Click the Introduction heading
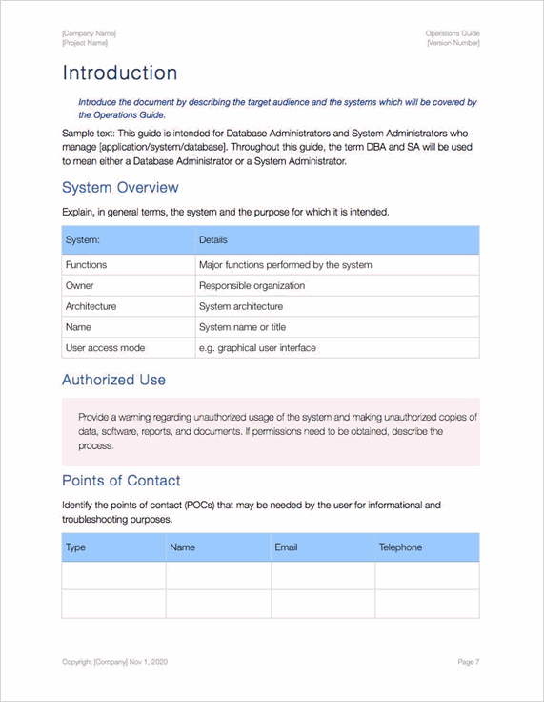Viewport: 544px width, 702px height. click(x=119, y=73)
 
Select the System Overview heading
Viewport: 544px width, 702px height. click(x=119, y=187)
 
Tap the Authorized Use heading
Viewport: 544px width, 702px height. click(x=113, y=380)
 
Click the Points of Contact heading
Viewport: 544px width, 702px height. click(x=121, y=480)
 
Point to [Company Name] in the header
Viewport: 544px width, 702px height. click(x=90, y=33)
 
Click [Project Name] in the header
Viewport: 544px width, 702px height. click(x=85, y=43)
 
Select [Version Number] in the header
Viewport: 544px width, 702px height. click(x=453, y=43)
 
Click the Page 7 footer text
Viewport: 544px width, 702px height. click(x=468, y=662)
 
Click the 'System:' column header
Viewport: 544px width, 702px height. click(x=83, y=240)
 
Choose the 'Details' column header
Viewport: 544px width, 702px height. click(x=213, y=240)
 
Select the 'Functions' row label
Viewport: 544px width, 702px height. click(x=86, y=265)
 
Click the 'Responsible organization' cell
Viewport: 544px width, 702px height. click(x=252, y=285)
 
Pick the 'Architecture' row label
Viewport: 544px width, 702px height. click(x=91, y=306)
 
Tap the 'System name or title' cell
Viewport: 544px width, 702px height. click(x=242, y=327)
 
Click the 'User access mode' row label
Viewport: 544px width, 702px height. click(x=105, y=348)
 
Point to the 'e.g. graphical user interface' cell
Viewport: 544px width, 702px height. click(x=257, y=348)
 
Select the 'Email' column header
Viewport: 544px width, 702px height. click(x=286, y=547)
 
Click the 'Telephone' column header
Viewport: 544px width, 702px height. click(x=400, y=547)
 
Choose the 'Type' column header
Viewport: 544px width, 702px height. click(x=75, y=547)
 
